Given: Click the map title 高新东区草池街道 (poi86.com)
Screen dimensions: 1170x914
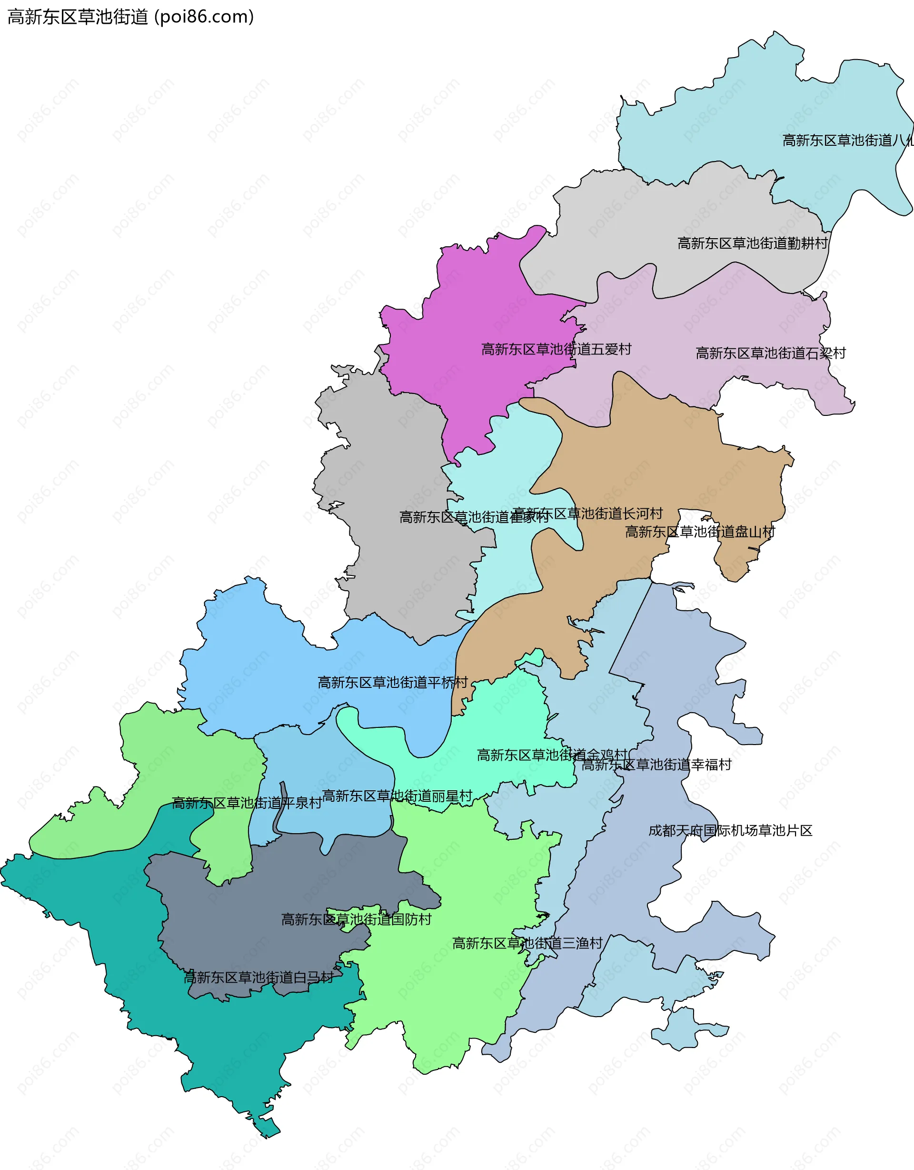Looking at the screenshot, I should click(130, 17).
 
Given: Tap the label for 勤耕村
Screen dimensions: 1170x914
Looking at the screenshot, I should click(752, 243).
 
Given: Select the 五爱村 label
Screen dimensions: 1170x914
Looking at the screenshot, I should click(556, 349).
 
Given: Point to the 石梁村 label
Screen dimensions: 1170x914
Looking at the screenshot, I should click(771, 353).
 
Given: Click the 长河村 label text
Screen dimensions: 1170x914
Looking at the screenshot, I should click(588, 514).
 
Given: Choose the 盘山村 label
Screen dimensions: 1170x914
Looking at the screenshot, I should click(700, 532).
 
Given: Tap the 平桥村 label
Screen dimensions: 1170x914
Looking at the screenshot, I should click(392, 683).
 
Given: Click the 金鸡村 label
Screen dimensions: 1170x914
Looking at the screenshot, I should click(552, 756).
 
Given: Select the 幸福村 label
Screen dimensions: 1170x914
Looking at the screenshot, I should click(656, 765).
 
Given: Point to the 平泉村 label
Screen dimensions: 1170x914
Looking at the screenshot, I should click(247, 803).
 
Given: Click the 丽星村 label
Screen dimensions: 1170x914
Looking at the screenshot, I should click(397, 796).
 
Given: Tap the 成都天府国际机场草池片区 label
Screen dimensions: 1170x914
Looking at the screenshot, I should click(730, 831).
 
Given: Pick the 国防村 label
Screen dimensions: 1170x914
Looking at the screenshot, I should click(357, 920).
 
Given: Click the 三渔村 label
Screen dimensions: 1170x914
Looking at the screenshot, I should click(527, 943).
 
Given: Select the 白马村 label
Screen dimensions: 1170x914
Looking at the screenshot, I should click(258, 978).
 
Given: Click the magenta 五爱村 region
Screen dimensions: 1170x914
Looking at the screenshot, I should click(471, 300).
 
